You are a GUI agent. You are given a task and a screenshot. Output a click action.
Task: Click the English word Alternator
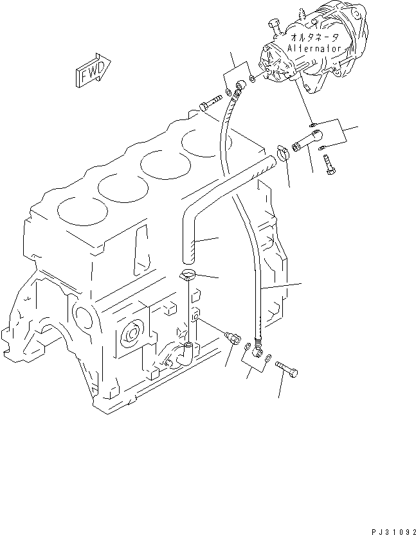311,48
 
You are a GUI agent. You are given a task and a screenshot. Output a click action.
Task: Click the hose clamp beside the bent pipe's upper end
281,153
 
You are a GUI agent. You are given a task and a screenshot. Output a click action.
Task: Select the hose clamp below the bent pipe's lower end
187,276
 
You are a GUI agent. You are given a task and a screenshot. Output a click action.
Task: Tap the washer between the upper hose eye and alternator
253,80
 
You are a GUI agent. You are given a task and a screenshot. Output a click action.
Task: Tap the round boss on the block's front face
132,333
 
